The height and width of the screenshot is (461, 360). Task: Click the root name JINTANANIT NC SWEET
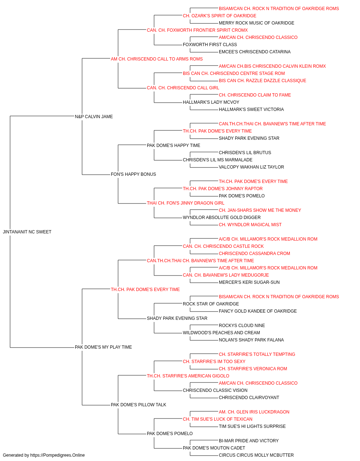[27, 232]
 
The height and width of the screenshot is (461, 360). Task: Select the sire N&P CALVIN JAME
[94, 116]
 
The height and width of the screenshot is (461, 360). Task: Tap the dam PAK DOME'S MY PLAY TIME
[103, 347]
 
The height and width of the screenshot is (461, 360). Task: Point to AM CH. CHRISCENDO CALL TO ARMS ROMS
[157, 59]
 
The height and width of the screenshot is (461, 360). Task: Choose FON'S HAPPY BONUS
[133, 174]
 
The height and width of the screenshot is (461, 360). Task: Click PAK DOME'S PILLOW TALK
[139, 405]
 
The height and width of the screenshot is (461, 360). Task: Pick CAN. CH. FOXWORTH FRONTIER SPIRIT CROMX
[197, 30]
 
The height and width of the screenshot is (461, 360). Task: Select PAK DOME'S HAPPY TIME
[174, 145]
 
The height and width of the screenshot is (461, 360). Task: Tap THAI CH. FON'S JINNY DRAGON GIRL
[185, 203]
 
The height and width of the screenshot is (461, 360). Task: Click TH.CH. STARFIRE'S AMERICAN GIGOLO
[188, 376]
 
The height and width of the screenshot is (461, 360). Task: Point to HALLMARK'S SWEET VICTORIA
[251, 109]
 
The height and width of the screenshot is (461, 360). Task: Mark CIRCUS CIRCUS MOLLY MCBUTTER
[256, 455]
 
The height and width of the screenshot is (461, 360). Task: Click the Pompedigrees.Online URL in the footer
[57, 455]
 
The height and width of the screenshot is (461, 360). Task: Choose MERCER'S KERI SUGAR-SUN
[249, 282]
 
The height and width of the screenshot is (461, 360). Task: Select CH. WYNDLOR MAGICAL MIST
[250, 224]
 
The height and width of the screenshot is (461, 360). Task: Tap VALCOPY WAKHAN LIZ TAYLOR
[251, 167]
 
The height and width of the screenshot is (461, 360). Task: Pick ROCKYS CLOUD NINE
[242, 326]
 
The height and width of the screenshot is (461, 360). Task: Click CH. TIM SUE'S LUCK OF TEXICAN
[217, 419]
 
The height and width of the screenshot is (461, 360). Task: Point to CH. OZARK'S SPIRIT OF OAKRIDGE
[220, 16]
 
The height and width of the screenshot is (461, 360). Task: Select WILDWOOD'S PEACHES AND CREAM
[221, 333]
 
